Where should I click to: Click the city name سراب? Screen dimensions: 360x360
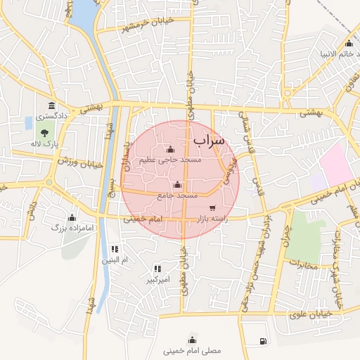coord(208,141)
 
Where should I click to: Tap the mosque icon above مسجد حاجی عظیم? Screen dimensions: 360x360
coord(170,149)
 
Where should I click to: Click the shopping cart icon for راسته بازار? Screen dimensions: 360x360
coord(213,207)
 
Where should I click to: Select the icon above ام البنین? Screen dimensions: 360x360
coord(115,249)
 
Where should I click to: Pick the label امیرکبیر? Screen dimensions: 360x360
coord(158,280)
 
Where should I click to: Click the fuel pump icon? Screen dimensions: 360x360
coord(263,342)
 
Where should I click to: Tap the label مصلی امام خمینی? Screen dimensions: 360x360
coord(191,349)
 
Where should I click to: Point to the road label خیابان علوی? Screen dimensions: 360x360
coord(308,316)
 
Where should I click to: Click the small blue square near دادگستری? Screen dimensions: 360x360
coord(28,123)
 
